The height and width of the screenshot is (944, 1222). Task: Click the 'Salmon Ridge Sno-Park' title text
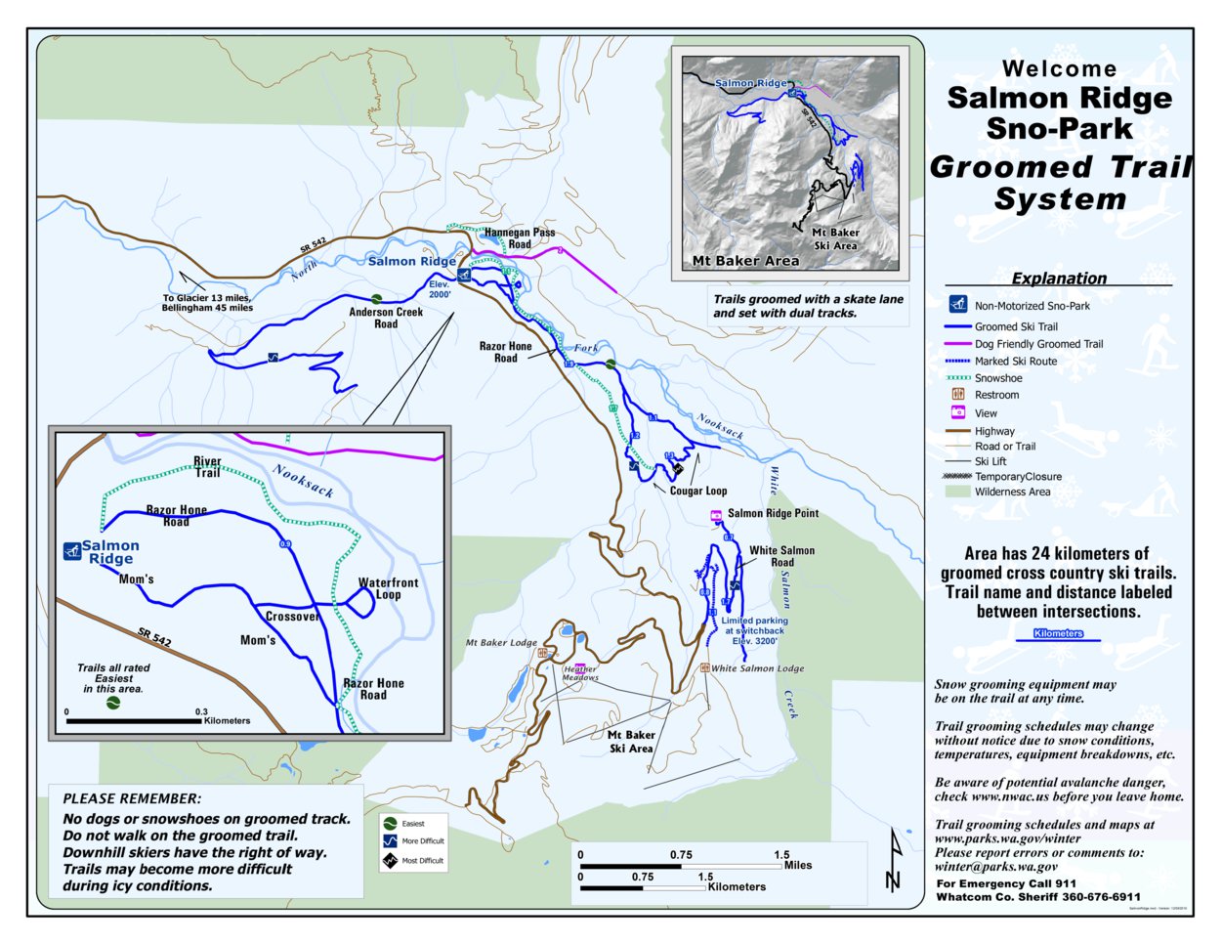point(1060,112)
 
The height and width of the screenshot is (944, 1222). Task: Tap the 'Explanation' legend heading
point(1059,279)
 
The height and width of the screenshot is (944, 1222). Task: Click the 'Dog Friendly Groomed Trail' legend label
point(1038,344)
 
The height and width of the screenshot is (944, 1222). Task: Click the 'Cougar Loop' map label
point(697,491)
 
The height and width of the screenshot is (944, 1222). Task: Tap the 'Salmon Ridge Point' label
point(773,513)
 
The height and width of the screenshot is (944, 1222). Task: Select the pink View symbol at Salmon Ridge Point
point(715,514)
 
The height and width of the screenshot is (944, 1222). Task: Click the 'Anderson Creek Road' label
point(386,318)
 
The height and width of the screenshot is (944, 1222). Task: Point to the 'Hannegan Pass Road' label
point(520,238)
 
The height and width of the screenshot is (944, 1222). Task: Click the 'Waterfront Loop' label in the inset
point(388,588)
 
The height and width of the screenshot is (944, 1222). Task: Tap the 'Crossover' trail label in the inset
point(292,617)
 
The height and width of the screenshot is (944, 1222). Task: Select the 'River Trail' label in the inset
point(207,467)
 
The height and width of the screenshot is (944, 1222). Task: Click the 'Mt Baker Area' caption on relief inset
point(745,261)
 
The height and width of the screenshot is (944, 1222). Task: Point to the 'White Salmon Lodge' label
point(757,668)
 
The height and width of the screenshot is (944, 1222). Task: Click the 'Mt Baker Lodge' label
point(500,643)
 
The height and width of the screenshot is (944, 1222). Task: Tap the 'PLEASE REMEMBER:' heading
point(132,798)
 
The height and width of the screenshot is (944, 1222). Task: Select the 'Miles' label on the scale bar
point(797,865)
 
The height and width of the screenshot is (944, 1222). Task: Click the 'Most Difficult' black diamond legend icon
point(389,861)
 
